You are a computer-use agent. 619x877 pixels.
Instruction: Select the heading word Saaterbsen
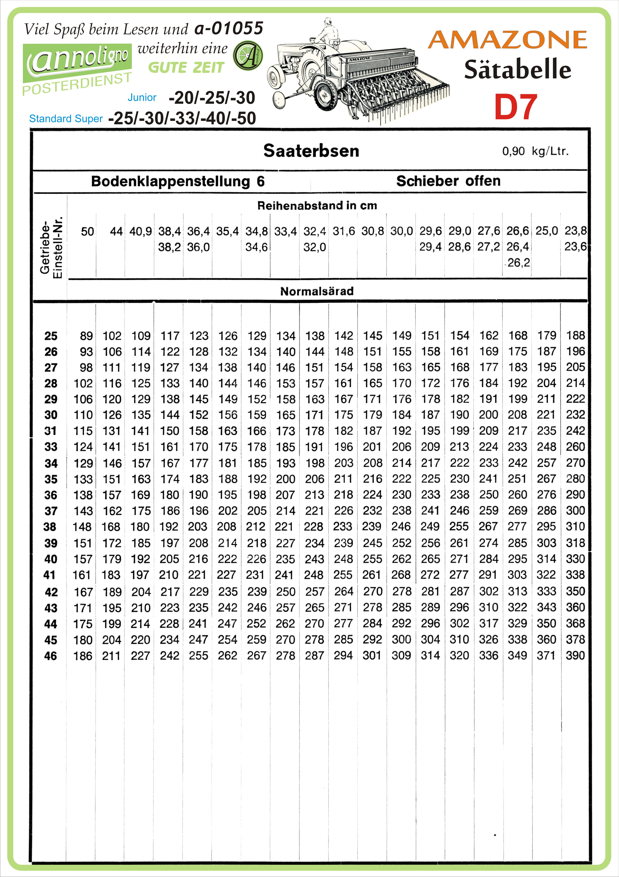click(311, 151)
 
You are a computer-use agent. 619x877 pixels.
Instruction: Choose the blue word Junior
click(142, 97)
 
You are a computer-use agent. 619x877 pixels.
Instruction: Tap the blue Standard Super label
click(66, 119)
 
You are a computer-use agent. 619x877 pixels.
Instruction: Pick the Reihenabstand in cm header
click(317, 206)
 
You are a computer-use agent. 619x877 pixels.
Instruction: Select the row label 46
click(50, 656)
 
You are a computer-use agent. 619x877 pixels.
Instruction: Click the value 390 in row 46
click(575, 655)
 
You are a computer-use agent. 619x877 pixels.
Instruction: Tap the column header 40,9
click(141, 231)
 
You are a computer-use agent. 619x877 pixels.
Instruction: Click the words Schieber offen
click(448, 181)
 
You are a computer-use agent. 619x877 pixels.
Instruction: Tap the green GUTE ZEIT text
click(186, 68)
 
